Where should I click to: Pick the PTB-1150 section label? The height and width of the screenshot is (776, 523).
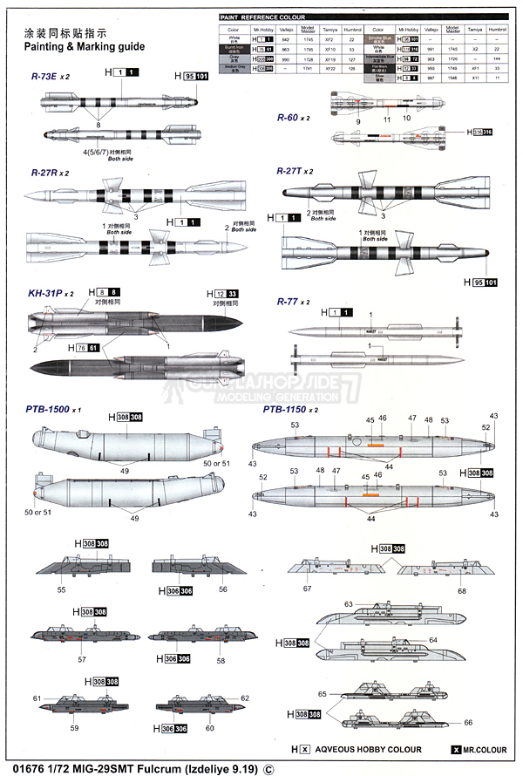point(290,408)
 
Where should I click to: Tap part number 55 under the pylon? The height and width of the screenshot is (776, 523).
point(61,590)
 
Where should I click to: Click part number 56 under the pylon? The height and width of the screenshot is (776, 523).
point(223,589)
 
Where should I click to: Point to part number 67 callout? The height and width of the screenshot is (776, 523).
point(307,589)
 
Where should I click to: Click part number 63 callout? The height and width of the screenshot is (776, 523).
point(349,603)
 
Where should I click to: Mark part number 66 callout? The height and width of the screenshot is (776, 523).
point(468,723)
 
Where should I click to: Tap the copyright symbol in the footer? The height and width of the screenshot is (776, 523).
point(268,768)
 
